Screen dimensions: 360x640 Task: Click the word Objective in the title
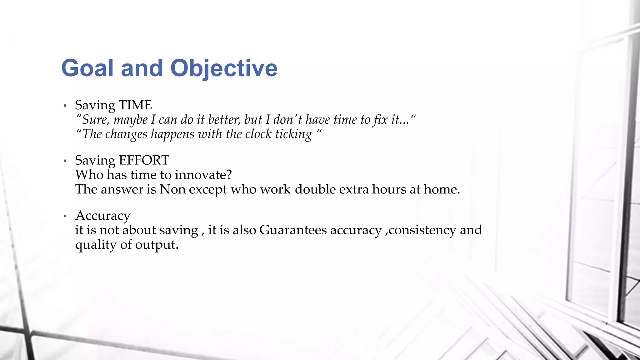pyautogui.click(x=224, y=68)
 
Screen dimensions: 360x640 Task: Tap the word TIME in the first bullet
pyautogui.click(x=135, y=105)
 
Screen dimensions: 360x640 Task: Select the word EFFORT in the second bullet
pyautogui.click(x=144, y=161)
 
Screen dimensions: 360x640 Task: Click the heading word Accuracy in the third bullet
pyautogui.click(x=103, y=216)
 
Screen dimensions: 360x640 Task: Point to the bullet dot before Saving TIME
pyautogui.click(x=65, y=106)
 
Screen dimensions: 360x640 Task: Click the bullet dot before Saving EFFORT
pyautogui.click(x=65, y=161)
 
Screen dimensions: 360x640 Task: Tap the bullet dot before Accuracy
pyautogui.click(x=65, y=216)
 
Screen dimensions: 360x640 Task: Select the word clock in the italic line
pyautogui.click(x=258, y=134)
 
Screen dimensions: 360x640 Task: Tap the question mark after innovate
pyautogui.click(x=229, y=175)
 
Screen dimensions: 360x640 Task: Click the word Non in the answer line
pyautogui.click(x=172, y=189)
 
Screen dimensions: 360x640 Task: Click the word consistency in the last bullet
pyautogui.click(x=422, y=230)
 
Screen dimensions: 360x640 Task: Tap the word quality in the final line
pyautogui.click(x=96, y=245)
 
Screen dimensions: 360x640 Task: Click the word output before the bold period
pyautogui.click(x=155, y=245)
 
